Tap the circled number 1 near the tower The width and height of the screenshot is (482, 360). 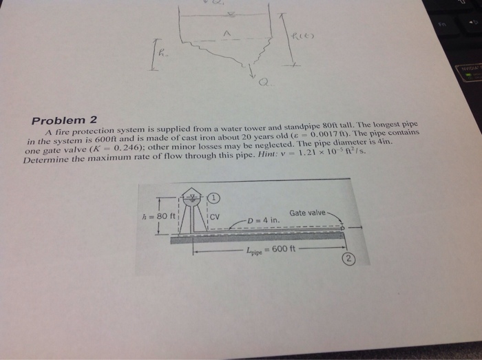(x=214, y=196)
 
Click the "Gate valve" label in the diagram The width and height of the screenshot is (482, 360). (x=308, y=213)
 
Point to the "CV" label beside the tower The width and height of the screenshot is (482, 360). (x=214, y=218)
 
